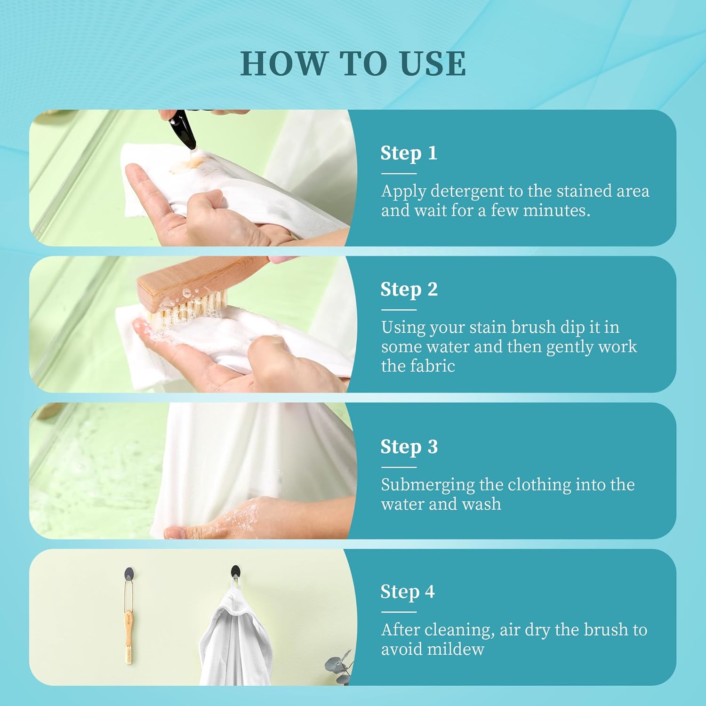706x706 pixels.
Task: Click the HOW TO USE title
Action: click(x=353, y=64)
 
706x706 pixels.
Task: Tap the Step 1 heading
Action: click(x=409, y=153)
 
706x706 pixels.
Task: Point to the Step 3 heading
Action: click(x=409, y=447)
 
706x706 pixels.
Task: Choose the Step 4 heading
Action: click(x=407, y=592)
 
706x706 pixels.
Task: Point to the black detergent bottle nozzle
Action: click(x=182, y=133)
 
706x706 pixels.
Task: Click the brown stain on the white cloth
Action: click(x=188, y=164)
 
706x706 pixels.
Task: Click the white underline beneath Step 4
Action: click(x=399, y=612)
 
